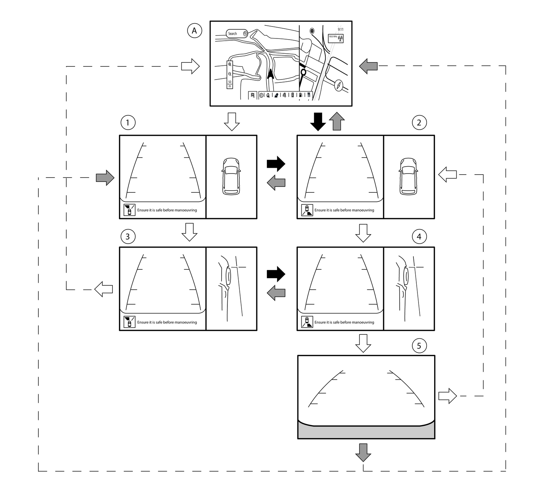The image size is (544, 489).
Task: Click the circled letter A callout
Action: (194, 31)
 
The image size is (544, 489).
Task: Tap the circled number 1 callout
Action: (127, 123)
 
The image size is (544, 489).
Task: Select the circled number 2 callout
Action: (419, 123)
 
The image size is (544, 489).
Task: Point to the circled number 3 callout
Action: (127, 237)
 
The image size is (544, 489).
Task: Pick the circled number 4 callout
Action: (419, 237)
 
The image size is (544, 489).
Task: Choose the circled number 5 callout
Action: (419, 346)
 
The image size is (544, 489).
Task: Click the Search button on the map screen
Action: (237, 34)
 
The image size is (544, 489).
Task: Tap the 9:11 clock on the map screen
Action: (341, 29)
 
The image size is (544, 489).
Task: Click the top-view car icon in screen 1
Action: (231, 176)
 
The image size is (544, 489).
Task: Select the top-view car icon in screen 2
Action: (408, 176)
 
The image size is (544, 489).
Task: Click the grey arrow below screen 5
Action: (363, 452)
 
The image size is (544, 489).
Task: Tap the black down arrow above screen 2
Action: (318, 121)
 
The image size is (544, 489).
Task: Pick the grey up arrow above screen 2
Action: (337, 121)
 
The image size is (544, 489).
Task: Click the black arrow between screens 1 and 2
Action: (276, 164)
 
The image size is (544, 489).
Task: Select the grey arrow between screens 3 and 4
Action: (276, 293)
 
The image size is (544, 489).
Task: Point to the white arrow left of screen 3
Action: (103, 289)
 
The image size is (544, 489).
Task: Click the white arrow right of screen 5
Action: (448, 396)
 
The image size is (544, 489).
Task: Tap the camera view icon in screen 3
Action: (129, 322)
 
